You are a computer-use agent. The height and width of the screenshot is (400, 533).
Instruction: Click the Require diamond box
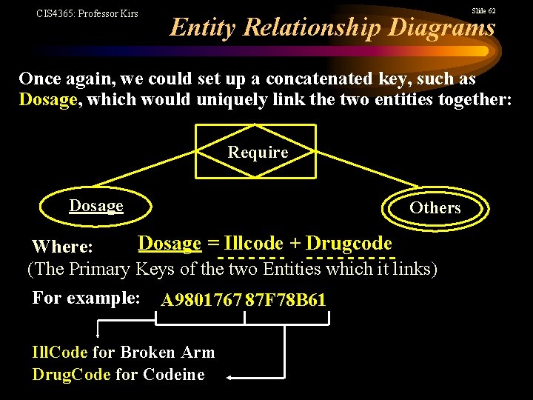pyautogui.click(x=257, y=152)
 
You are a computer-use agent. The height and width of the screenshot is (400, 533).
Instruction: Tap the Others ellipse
pyautogui.click(x=435, y=208)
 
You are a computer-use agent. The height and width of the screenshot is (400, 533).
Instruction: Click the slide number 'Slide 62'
pyautogui.click(x=483, y=11)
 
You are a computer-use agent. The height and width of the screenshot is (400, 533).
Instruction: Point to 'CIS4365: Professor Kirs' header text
pyautogui.click(x=87, y=13)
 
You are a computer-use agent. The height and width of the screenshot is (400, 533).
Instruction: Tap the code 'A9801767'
pyautogui.click(x=201, y=300)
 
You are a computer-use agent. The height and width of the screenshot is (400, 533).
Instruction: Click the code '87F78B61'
pyautogui.click(x=286, y=300)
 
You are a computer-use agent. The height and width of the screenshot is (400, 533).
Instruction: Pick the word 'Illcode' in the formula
pyautogui.click(x=254, y=244)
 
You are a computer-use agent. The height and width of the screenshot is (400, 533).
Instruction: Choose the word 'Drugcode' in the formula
pyautogui.click(x=349, y=244)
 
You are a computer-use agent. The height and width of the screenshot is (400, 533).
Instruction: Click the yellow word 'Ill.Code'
pyautogui.click(x=59, y=353)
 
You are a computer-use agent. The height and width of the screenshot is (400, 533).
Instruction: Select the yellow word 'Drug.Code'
pyautogui.click(x=71, y=375)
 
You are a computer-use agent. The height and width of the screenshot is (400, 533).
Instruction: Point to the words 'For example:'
pyautogui.click(x=86, y=298)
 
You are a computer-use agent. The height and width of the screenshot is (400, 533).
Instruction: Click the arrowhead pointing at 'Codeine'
pyautogui.click(x=229, y=377)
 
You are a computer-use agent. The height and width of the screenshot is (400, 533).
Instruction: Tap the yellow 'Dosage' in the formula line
pyautogui.click(x=170, y=244)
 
